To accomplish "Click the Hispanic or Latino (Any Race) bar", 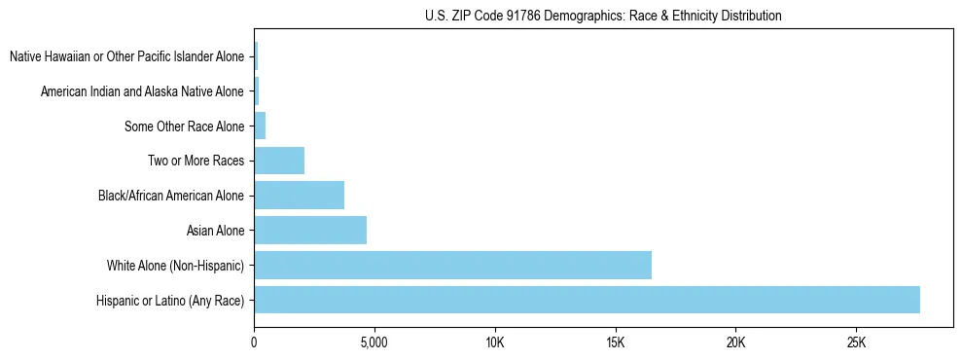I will coord(587,300).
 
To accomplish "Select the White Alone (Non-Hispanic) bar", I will coord(452,265).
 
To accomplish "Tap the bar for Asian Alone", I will coord(310,231).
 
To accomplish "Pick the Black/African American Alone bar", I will coord(299,196).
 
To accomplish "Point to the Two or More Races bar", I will coord(279,161).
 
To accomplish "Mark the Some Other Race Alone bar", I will coord(260,126).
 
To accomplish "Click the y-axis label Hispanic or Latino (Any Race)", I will coord(170,301).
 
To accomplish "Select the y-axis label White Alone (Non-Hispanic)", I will coord(176,266).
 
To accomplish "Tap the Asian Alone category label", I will coord(215,231).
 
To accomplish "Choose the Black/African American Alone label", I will coord(171,196).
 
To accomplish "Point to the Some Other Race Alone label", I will coord(185,126).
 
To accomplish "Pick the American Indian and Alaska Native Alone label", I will coord(142,91).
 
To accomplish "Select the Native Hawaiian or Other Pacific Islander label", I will coord(126,56).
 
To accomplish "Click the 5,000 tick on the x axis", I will coord(374,343).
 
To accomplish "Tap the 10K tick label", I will coord(494,343).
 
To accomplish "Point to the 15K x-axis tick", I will coord(615,343).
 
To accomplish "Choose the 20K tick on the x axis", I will coord(735,343).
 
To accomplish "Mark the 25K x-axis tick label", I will coord(856,343).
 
